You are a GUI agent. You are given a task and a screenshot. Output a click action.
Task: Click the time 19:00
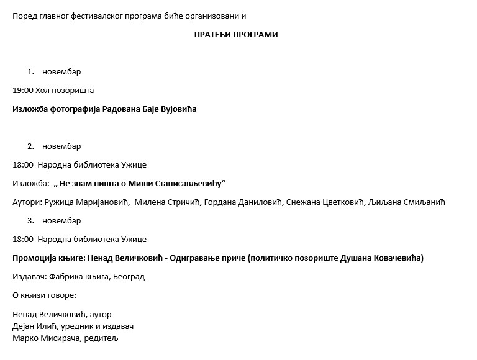pyautogui.click(x=22, y=91)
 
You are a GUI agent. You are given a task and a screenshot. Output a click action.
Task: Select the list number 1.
pyautogui.click(x=30, y=72)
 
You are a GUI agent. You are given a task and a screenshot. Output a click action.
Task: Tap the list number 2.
pyautogui.click(x=30, y=146)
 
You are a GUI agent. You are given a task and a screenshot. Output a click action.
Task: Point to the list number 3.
pyautogui.click(x=30, y=221)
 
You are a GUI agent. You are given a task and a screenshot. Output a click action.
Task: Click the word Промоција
pyautogui.click(x=33, y=258)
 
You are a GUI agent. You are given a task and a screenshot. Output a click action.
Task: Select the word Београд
pyautogui.click(x=130, y=277)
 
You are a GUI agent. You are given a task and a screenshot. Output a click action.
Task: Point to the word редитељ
pyautogui.click(x=100, y=339)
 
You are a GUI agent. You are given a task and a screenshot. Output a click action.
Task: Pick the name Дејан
pyautogui.click(x=24, y=326)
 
